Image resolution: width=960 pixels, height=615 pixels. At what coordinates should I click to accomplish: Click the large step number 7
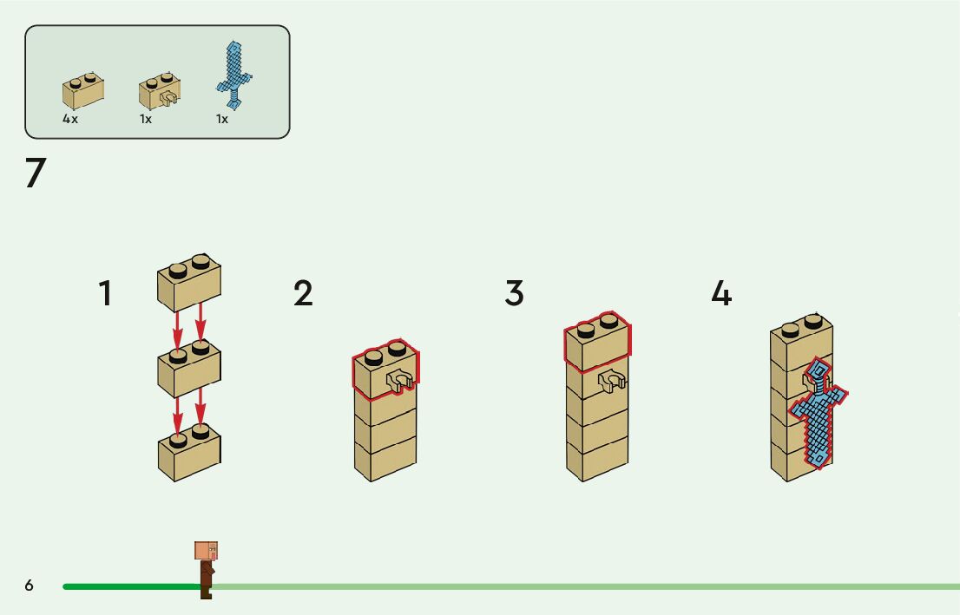(x=35, y=173)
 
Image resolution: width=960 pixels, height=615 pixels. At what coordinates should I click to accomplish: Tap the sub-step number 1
(x=105, y=293)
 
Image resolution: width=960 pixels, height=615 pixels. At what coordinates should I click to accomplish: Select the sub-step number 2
(x=302, y=293)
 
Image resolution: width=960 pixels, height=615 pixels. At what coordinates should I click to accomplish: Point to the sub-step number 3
(x=514, y=293)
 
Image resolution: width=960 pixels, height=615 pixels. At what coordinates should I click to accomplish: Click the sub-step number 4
(x=721, y=293)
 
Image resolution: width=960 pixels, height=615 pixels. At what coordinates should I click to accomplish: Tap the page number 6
(x=30, y=586)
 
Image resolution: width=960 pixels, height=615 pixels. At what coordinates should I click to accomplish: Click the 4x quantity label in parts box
(x=70, y=119)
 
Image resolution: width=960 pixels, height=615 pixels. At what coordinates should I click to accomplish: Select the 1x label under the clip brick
(x=146, y=119)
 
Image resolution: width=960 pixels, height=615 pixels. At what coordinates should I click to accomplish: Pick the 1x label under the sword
(x=222, y=119)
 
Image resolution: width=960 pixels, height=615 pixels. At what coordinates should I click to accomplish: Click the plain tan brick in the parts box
(x=83, y=91)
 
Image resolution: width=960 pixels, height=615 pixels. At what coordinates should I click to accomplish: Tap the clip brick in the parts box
(x=160, y=92)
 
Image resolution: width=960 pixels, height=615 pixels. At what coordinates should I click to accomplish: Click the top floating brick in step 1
(x=189, y=282)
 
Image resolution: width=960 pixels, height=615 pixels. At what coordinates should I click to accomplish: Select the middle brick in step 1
(x=189, y=368)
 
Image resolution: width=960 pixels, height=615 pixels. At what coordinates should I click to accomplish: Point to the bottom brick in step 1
(x=189, y=450)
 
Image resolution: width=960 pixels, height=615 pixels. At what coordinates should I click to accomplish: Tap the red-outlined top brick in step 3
(x=597, y=341)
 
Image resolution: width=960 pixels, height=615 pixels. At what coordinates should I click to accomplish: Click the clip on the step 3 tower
(x=613, y=382)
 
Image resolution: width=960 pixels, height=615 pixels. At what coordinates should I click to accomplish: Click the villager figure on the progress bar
(x=206, y=568)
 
